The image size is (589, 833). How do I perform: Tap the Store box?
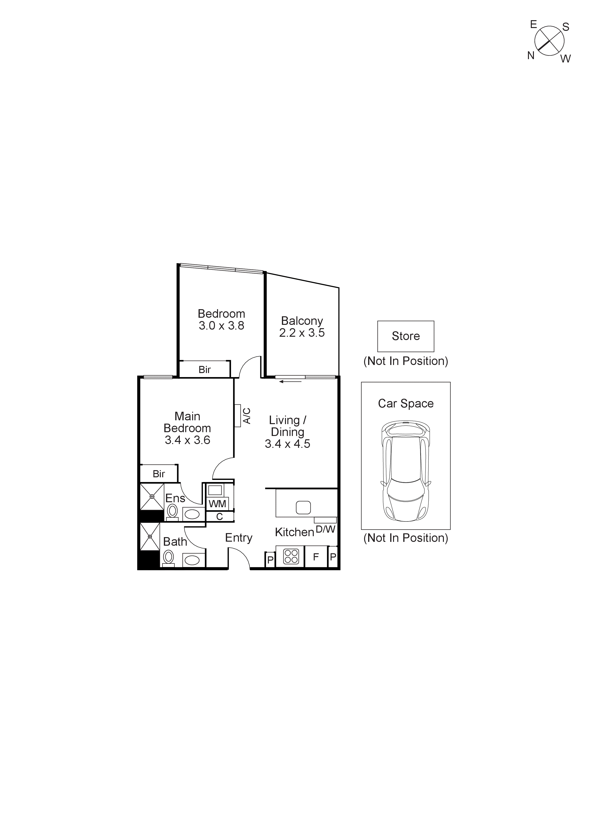pyautogui.click(x=405, y=336)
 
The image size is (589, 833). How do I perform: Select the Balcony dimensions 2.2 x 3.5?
pyautogui.click(x=302, y=333)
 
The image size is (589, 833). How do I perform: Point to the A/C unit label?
pyautogui.click(x=247, y=416)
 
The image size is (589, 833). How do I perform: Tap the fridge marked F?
pyautogui.click(x=316, y=557)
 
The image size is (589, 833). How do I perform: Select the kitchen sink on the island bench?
pyautogui.click(x=303, y=507)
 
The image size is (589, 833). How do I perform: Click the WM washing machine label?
pyautogui.click(x=217, y=504)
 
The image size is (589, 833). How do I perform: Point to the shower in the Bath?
pyautogui.click(x=150, y=537)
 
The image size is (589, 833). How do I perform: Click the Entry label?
pyautogui.click(x=238, y=538)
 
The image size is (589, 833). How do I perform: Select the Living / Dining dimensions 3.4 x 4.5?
pyautogui.click(x=287, y=444)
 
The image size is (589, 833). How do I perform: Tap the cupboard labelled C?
pyautogui.click(x=219, y=517)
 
